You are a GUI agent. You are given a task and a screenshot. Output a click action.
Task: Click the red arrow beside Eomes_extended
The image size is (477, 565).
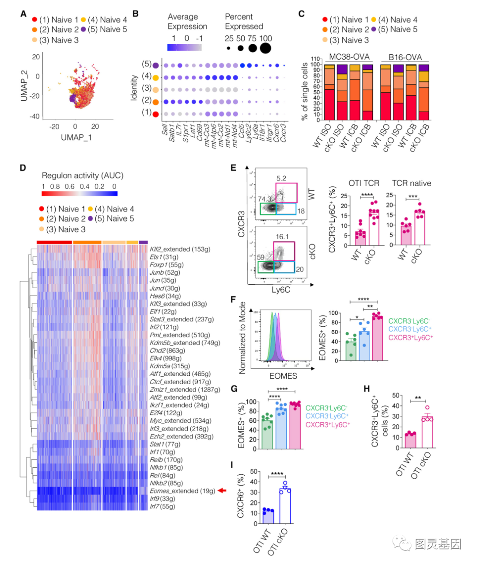[222, 490]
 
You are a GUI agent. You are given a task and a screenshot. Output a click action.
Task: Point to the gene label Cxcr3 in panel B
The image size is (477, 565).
[283, 133]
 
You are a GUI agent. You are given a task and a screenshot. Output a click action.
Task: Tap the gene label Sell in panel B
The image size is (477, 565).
[165, 130]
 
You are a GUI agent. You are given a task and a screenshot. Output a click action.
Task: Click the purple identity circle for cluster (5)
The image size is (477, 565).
[155, 65]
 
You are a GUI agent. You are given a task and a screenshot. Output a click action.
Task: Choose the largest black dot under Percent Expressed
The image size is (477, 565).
[265, 48]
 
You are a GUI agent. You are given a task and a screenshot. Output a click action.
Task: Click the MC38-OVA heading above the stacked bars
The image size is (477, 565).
[349, 57]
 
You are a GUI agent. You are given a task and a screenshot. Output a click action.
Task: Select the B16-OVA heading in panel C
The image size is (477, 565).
[405, 57]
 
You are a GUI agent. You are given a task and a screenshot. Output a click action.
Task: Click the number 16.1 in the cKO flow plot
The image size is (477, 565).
[282, 237]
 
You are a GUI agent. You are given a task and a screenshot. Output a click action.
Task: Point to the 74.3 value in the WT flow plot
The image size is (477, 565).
[265, 199]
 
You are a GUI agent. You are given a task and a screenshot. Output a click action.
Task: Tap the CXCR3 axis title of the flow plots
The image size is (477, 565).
[242, 218]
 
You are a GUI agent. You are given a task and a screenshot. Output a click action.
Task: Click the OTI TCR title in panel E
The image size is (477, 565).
[364, 183]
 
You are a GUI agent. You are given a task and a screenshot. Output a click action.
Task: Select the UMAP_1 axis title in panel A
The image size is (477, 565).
[76, 137]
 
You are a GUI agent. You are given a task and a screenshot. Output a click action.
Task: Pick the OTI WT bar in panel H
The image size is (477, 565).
[411, 441]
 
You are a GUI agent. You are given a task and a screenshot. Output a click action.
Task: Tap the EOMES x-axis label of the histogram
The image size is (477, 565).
[283, 376]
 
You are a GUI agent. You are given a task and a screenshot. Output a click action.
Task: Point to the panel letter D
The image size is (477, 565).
[23, 168]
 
